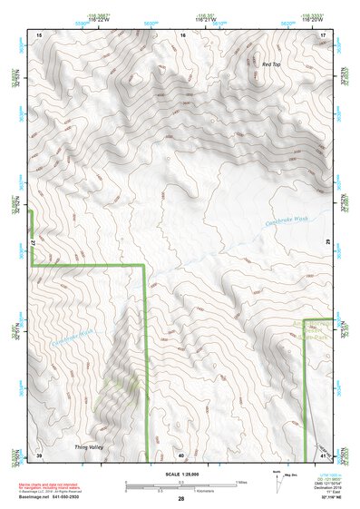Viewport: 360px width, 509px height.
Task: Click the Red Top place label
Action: [x=272, y=65]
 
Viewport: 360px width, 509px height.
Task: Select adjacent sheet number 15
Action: [x=39, y=34]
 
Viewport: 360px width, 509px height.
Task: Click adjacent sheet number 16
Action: [x=182, y=34]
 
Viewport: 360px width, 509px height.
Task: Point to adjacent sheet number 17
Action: [x=324, y=34]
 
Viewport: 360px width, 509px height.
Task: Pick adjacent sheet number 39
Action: [x=39, y=455]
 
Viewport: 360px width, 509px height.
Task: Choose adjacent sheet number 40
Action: [x=181, y=455]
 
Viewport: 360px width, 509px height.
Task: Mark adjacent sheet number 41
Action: [x=325, y=455]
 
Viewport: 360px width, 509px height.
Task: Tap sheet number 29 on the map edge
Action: [x=327, y=242]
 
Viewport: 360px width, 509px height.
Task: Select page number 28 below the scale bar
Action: [x=181, y=500]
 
